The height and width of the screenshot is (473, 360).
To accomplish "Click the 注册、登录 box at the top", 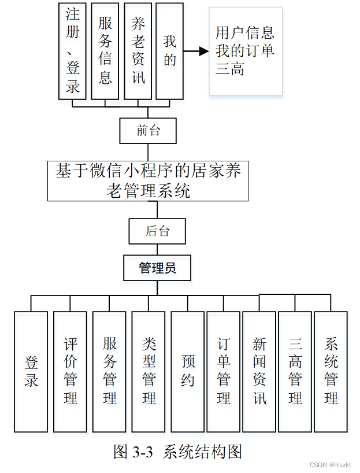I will click(73, 51).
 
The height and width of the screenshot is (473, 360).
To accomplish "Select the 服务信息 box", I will click(105, 51).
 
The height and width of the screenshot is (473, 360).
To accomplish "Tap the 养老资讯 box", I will click(138, 51).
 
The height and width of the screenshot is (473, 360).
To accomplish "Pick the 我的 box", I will click(170, 51).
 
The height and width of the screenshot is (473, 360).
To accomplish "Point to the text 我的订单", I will click(245, 51).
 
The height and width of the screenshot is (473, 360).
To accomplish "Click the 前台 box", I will click(148, 131).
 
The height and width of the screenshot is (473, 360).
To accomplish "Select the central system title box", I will click(148, 180).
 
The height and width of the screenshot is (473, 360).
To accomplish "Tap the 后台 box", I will click(158, 231).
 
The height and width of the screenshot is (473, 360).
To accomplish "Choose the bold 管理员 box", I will click(157, 268).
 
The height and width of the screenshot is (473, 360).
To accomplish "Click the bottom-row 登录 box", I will click(31, 372).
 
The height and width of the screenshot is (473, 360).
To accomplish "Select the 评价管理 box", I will click(70, 372).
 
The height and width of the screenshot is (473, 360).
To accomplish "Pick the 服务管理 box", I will click(109, 372).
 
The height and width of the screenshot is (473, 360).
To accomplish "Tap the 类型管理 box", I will click(149, 372).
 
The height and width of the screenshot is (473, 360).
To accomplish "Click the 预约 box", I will click(187, 372).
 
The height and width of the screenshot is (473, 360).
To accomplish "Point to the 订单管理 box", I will click(223, 372).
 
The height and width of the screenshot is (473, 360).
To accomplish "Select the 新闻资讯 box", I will click(259, 372).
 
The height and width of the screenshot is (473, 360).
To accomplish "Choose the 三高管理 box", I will click(295, 372).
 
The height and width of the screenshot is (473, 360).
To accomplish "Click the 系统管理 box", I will click(331, 372).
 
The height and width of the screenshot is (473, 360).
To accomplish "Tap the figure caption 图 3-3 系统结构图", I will click(177, 452).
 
